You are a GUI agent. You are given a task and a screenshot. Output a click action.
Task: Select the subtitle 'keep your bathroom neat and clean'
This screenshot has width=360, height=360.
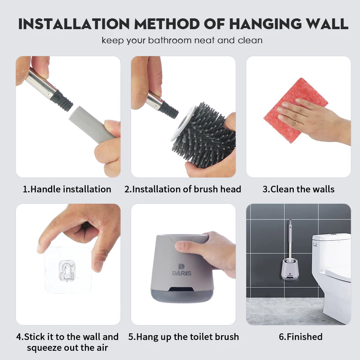click(x=182, y=40)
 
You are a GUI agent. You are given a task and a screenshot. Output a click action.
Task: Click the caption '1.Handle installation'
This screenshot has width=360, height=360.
click(x=67, y=189)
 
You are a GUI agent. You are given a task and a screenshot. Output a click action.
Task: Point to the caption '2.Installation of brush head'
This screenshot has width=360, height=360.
click(x=183, y=189)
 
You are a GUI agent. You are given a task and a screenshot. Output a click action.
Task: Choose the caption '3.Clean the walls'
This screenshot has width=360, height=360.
click(x=298, y=189)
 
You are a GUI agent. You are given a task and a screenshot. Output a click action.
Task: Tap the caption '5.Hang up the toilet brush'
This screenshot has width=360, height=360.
click(x=184, y=337)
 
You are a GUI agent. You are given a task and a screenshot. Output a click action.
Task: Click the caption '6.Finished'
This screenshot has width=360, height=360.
click(x=301, y=337)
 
